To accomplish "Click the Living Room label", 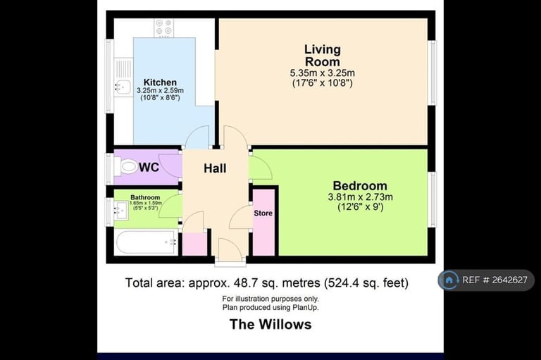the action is [x=323, y=56].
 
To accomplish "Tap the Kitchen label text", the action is [x=160, y=82].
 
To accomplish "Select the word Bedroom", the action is [x=360, y=186].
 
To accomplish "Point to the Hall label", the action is [x=215, y=168].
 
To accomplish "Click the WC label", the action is [x=149, y=167].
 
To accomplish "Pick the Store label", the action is [x=263, y=213].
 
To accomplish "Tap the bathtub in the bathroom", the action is [x=147, y=242].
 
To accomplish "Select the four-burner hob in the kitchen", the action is [x=163, y=27].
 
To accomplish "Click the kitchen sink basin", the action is [x=123, y=87].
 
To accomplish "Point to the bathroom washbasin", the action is [x=121, y=210].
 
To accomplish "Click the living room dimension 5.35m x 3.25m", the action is [x=322, y=73].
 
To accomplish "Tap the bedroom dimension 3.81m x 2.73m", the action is [x=360, y=197].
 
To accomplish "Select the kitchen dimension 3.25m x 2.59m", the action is [x=160, y=90].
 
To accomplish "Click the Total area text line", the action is [x=267, y=283].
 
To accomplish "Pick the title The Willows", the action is [x=270, y=325].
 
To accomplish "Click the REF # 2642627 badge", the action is [x=487, y=280].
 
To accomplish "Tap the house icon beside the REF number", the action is [x=449, y=280].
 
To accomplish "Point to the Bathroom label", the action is [x=145, y=197].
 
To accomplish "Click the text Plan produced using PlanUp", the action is [x=270, y=308].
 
